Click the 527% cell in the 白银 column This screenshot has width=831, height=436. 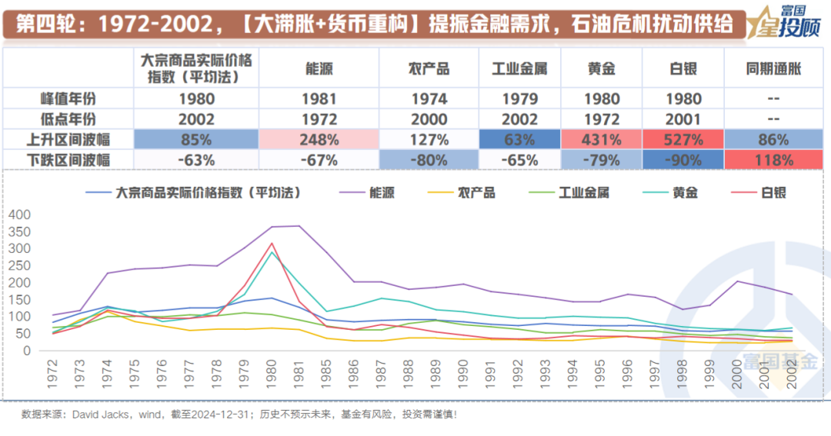pyautogui.click(x=683, y=140)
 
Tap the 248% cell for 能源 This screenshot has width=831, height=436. pyautogui.click(x=319, y=140)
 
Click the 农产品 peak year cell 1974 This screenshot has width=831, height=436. pyautogui.click(x=429, y=98)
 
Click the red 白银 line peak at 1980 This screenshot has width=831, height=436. pyautogui.click(x=272, y=243)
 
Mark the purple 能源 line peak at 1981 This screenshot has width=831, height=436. pyautogui.click(x=299, y=226)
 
